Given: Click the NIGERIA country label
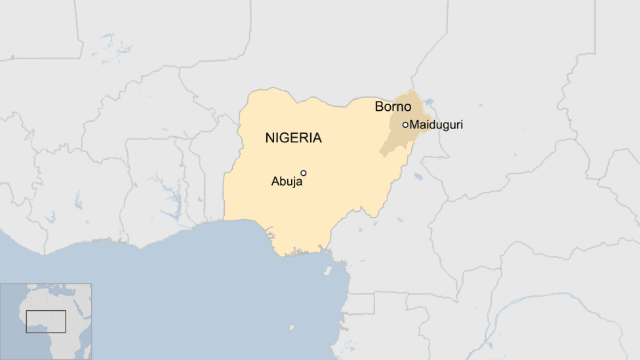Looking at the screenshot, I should [293, 138].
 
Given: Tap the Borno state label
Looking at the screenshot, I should [393, 106].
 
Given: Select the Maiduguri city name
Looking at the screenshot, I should [435, 125].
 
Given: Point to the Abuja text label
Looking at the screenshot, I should [287, 182].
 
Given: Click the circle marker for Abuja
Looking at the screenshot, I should [304, 173].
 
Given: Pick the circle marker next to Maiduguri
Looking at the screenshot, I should [405, 125].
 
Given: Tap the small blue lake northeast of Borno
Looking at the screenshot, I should [430, 102].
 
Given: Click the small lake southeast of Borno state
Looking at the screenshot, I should [418, 176].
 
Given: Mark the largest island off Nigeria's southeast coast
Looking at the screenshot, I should [328, 270].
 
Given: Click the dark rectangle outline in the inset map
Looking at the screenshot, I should [46, 321].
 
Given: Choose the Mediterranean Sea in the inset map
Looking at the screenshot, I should [52, 289].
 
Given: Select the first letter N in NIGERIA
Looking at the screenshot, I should [270, 138].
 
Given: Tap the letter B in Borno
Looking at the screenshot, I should [379, 106].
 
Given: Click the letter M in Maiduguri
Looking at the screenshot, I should [414, 125].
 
